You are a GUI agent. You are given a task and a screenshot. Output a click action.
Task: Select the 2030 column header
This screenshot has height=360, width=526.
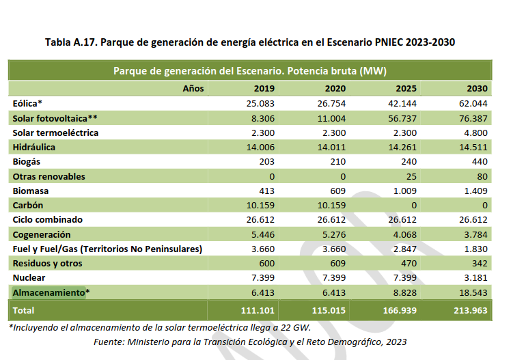[477, 89]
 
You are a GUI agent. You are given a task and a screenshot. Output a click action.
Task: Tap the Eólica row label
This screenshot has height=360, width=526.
[28, 103]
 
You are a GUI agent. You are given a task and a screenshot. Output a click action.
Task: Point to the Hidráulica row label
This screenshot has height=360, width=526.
[33, 147]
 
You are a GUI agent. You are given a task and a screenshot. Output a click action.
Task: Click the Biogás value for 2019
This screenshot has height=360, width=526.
[266, 162]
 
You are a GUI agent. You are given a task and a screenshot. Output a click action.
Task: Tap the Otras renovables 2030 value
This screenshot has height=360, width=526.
[481, 176]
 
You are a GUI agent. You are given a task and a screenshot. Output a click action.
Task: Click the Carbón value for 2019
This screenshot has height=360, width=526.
[260, 206]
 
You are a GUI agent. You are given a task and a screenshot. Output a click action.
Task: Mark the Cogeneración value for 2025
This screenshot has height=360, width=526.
[404, 234]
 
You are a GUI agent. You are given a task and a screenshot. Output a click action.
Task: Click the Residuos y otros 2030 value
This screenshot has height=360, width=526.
[478, 264]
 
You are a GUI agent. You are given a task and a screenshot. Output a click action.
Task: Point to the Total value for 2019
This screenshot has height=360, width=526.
[257, 309]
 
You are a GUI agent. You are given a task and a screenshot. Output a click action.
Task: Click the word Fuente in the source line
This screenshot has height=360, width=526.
[110, 342]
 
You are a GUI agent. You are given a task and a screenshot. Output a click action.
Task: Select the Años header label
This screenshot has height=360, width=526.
[194, 89]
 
